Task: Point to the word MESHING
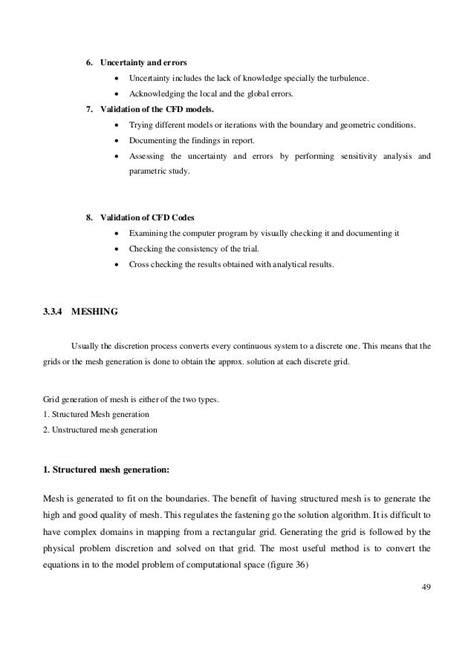(97, 310)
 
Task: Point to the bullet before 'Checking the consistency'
(120, 249)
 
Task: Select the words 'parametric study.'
(162, 171)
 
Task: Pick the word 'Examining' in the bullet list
(150, 234)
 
